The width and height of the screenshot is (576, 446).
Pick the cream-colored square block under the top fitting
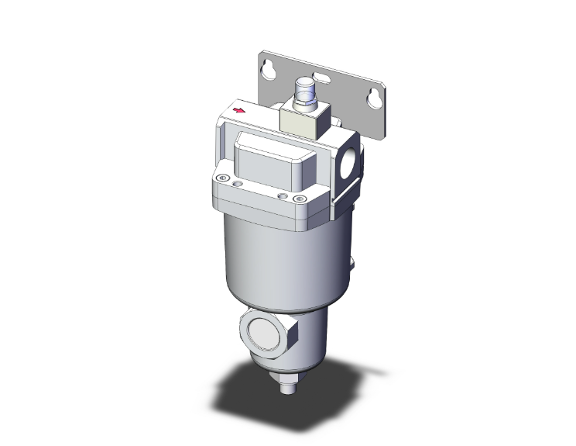(303, 123)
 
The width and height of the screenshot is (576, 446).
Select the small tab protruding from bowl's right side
(351, 262)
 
